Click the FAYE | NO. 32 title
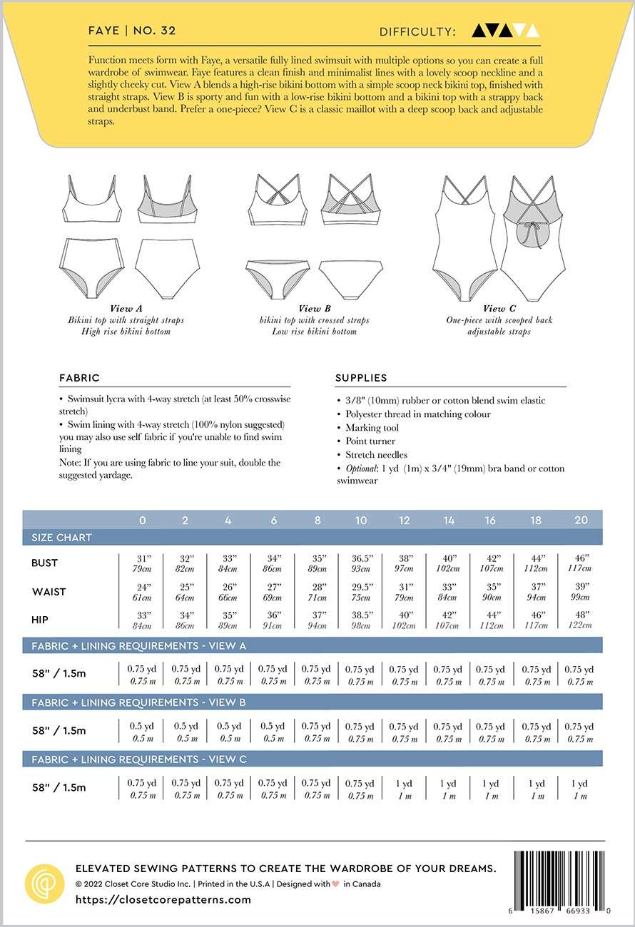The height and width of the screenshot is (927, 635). click(132, 31)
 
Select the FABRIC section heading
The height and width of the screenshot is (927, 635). click(80, 378)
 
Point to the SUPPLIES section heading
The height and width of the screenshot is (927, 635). click(361, 378)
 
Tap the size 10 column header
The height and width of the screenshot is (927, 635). click(361, 520)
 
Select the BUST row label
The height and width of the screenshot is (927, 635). click(44, 563)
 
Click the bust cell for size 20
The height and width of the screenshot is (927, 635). click(579, 563)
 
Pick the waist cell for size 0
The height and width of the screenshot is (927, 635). click(142, 592)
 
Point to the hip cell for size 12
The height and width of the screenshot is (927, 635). click(404, 620)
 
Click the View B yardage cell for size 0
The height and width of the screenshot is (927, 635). click(142, 732)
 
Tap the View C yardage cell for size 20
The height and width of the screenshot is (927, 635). click(579, 789)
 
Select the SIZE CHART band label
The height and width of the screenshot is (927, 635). click(61, 538)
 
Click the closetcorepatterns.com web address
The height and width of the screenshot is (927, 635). click(163, 899)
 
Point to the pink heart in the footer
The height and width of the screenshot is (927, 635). click(337, 884)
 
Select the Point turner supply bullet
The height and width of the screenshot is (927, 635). click(370, 441)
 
